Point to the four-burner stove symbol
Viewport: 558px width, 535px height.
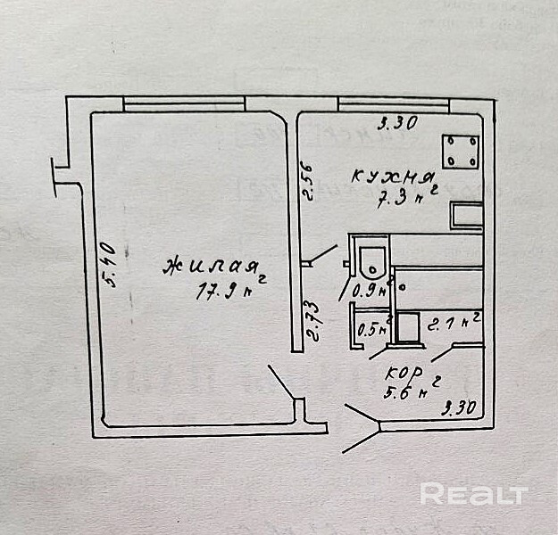(460, 149)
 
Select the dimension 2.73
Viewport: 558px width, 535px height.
(314, 322)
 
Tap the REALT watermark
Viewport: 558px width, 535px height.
(473, 493)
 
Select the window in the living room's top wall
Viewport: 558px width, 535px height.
(185, 104)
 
